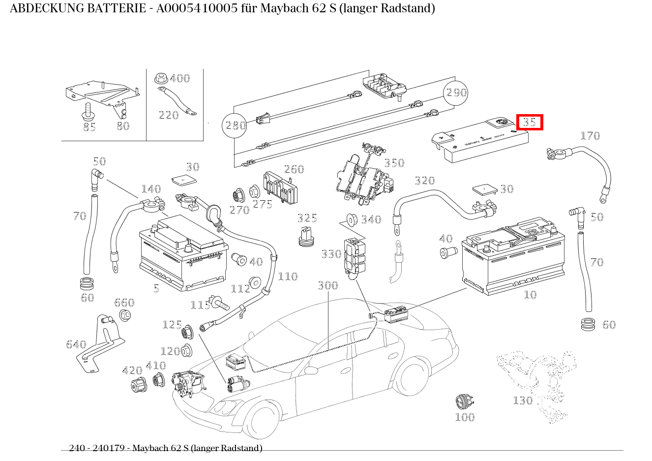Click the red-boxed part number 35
click(x=529, y=122)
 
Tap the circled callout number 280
click(x=235, y=125)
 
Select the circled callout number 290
click(x=456, y=92)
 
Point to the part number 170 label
click(x=590, y=136)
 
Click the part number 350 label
click(x=394, y=163)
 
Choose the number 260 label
click(x=294, y=169)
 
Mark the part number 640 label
click(x=76, y=344)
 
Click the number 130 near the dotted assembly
click(x=523, y=400)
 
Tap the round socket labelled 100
click(x=464, y=402)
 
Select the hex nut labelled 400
click(x=160, y=78)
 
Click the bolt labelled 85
click(x=88, y=112)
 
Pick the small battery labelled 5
click(x=183, y=256)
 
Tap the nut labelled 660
click(x=125, y=315)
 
